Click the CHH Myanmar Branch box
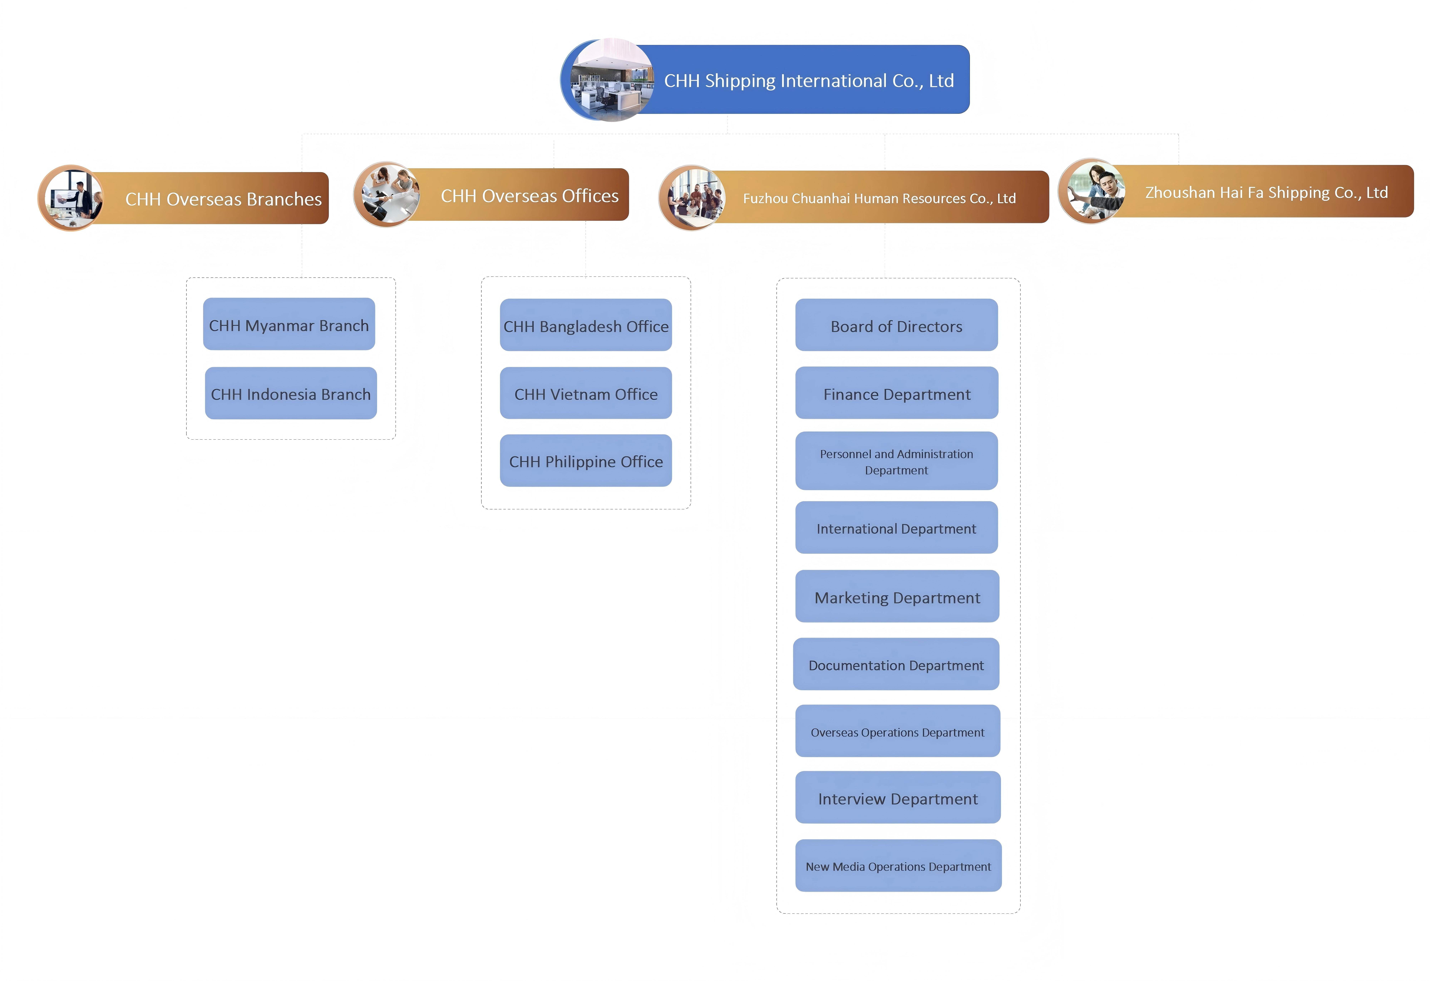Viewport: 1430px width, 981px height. [x=289, y=324]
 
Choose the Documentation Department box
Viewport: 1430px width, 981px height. [x=896, y=664]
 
